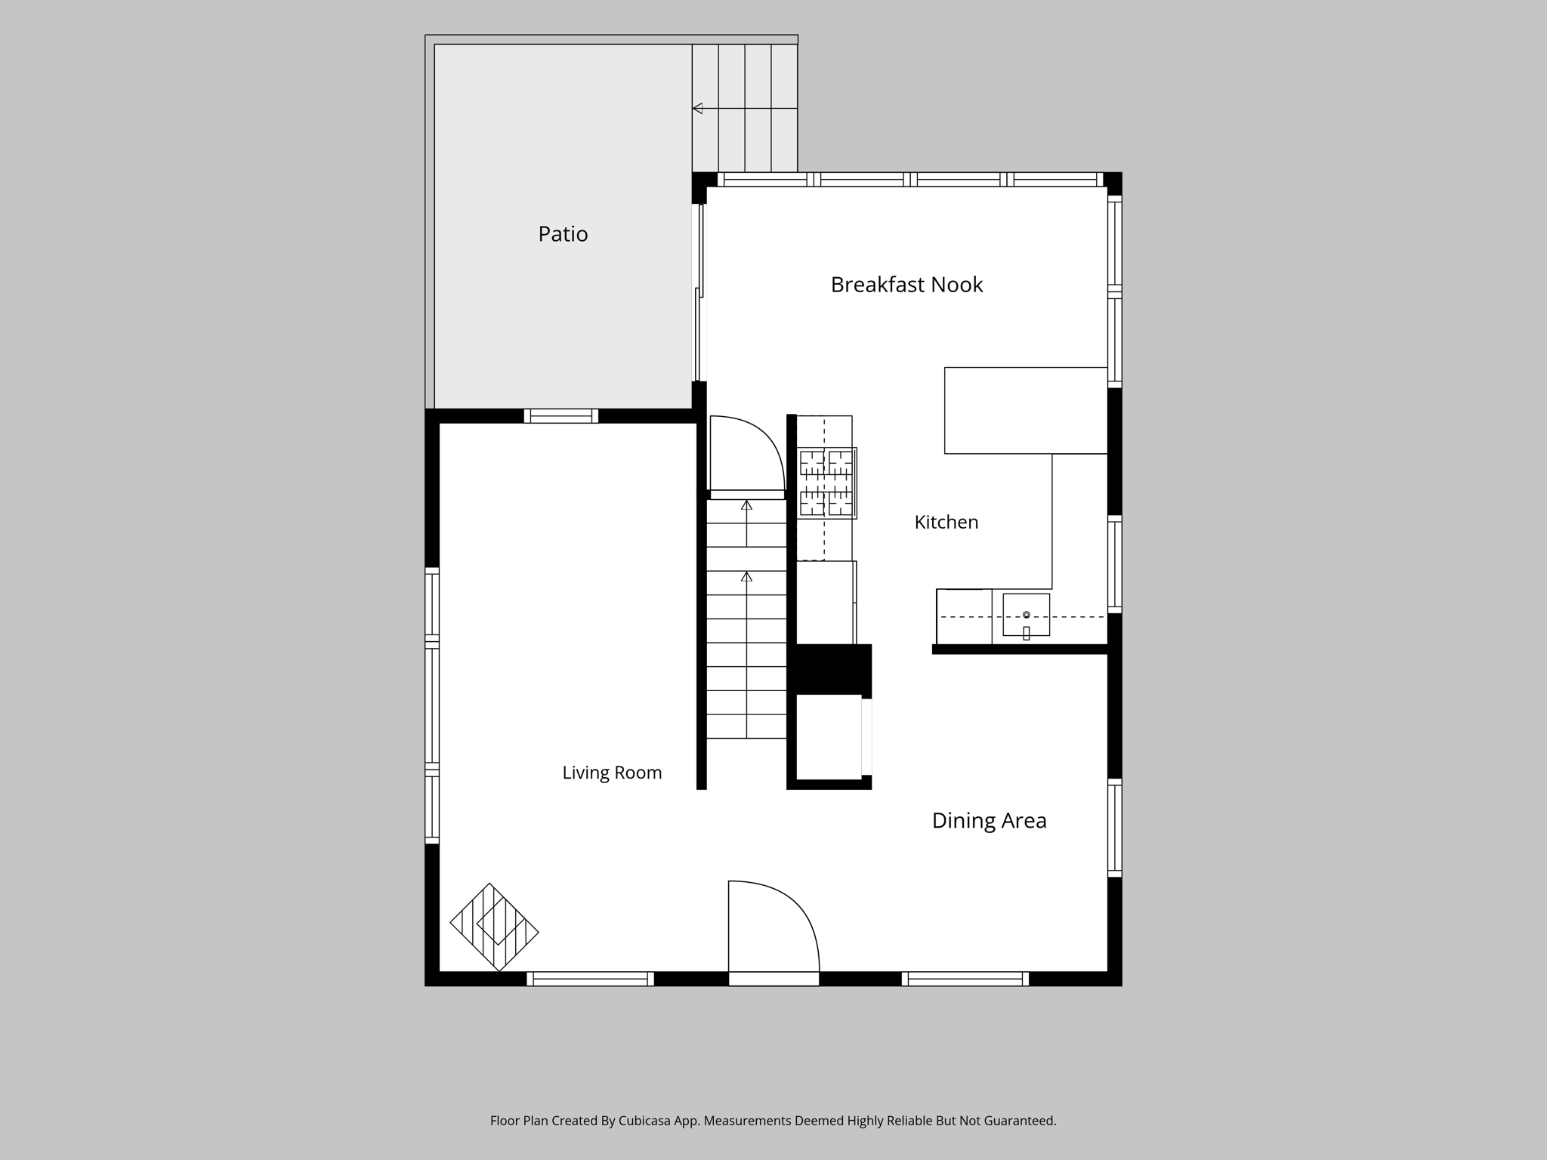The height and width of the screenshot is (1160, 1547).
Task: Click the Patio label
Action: coord(563,234)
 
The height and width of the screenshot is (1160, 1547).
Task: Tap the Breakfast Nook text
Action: coord(906,285)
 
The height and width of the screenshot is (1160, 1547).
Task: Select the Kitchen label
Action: coord(946,522)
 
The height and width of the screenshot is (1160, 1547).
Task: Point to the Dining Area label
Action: coord(989,821)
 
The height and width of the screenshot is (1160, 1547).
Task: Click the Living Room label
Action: coord(612,773)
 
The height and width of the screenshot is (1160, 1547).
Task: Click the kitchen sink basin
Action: coord(1026,615)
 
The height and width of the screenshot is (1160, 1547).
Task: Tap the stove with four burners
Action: coord(827,483)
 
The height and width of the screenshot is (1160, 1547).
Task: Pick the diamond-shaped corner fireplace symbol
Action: coord(494,927)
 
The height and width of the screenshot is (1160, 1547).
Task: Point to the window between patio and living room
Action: coord(561,416)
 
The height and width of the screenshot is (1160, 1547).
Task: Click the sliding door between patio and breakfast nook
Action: coord(699,293)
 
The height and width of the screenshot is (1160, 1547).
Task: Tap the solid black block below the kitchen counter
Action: coord(829,669)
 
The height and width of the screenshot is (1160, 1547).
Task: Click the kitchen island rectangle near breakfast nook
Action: coord(1026,411)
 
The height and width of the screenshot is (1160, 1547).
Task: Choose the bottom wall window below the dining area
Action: coord(965,979)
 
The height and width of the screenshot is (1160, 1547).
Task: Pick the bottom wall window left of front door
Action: coord(591,979)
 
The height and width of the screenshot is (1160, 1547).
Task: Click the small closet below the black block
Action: coord(829,736)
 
